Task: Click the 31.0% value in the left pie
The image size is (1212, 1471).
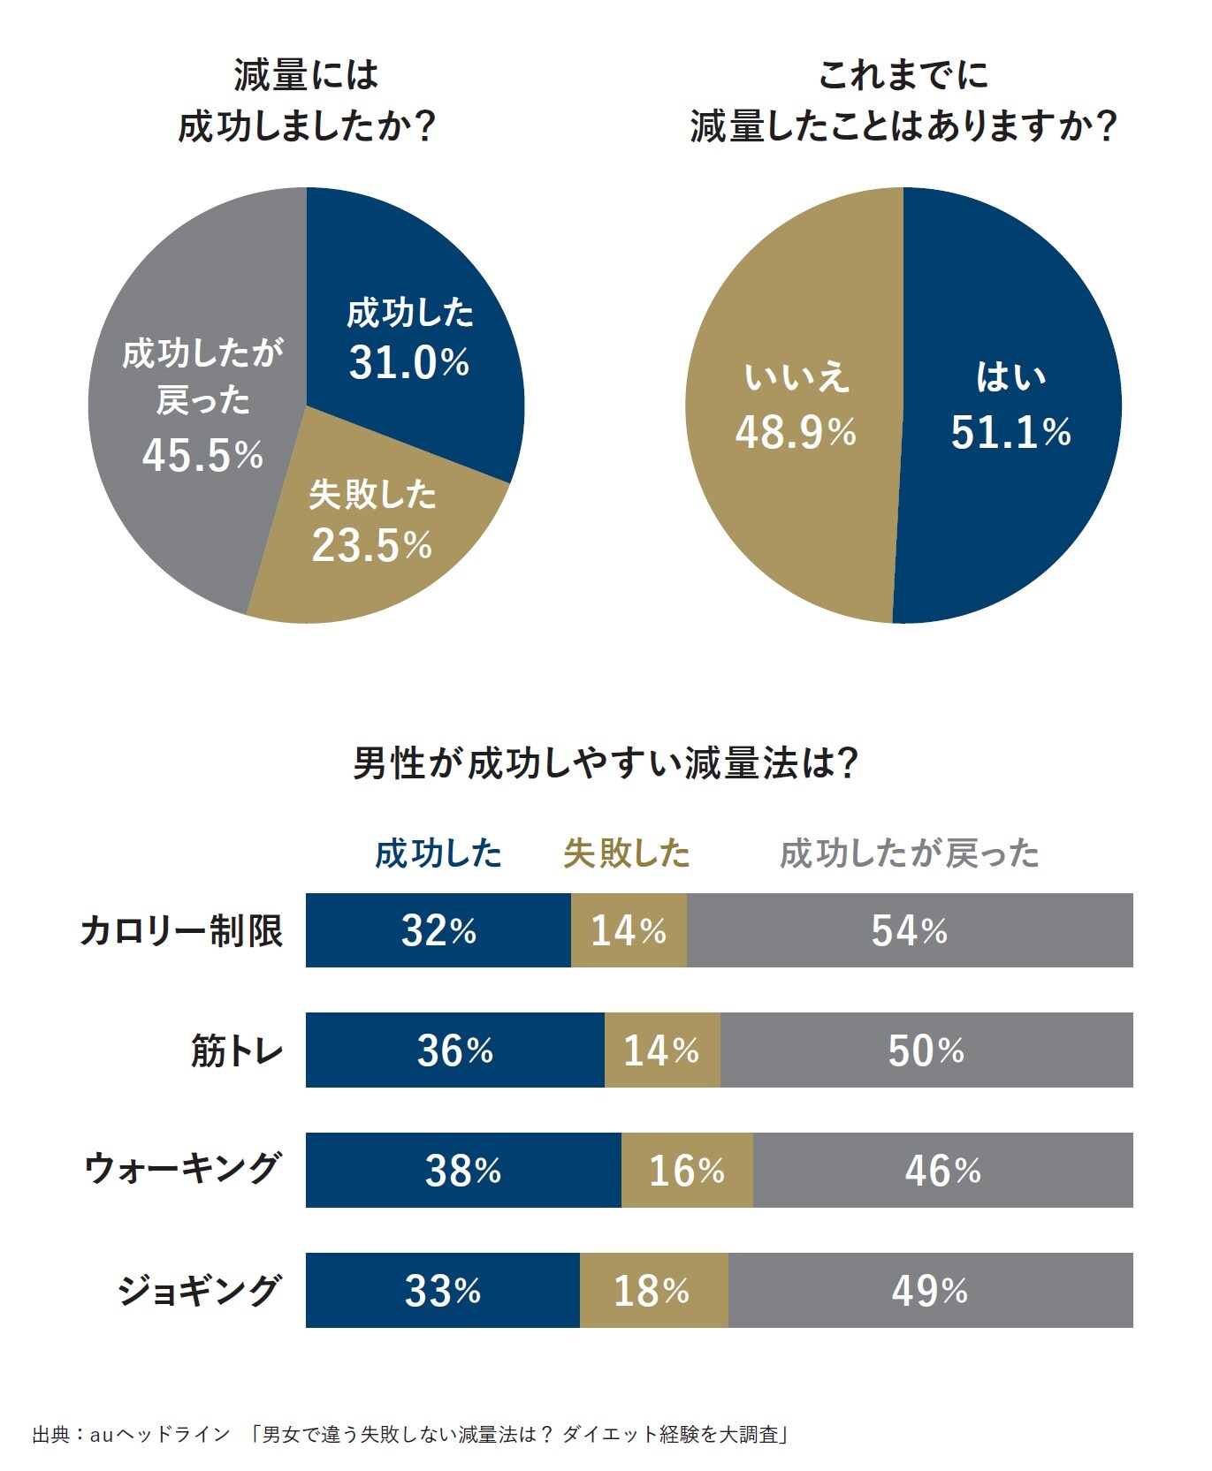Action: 408,362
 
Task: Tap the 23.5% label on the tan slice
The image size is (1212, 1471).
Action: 371,545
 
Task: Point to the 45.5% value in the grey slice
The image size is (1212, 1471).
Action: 202,455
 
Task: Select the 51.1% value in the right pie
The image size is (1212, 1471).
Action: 1010,432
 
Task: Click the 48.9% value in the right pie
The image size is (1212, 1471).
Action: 796,432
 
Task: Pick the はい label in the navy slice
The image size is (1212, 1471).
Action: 1010,377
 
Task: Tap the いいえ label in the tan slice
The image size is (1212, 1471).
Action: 796,377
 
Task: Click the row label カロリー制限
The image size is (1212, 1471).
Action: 181,930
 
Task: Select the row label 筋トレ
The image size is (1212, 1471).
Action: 237,1050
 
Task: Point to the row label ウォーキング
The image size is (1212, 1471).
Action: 183,1170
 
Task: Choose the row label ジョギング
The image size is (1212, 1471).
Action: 200,1290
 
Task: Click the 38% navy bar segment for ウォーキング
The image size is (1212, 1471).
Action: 463,1170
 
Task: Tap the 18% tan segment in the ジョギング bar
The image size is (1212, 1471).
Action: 653,1290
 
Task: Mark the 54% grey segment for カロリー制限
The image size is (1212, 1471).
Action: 910,930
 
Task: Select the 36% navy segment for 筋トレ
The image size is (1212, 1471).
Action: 454,1050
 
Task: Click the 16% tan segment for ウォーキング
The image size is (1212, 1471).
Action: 687,1170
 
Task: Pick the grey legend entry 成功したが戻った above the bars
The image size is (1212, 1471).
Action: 909,853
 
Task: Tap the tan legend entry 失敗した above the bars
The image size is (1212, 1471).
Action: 627,853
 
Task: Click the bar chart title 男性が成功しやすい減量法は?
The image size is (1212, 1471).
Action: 606,762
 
